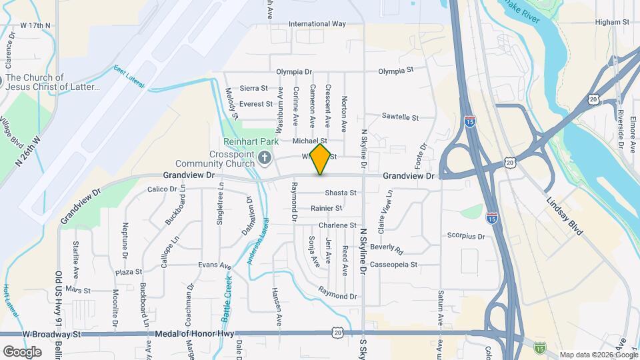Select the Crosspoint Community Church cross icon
pos(265,159)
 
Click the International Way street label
pos(317,24)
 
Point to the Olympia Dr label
pos(294,71)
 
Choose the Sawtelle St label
pos(400,117)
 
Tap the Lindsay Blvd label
pos(564,215)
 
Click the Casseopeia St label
pos(394,265)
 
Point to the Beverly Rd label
pos(387,249)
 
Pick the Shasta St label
pos(341,193)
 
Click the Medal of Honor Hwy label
pos(194,333)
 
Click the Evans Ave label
pos(215,265)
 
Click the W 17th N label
pos(35,25)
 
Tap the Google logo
pos(22,351)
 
